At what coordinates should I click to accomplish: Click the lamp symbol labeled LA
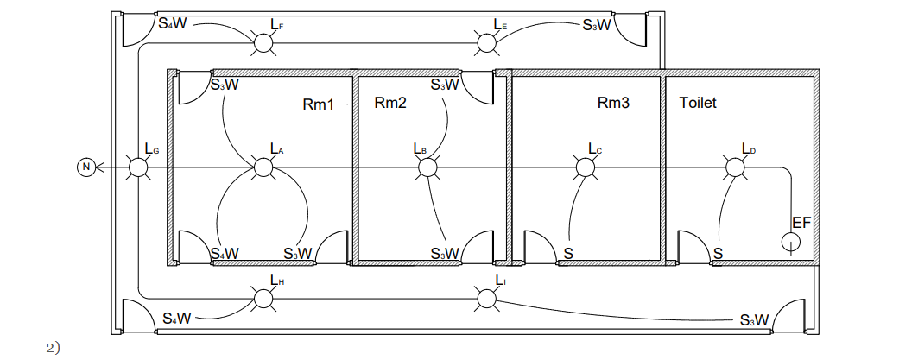263,167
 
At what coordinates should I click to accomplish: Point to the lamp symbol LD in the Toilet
736,167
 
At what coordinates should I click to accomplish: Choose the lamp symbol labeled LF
263,41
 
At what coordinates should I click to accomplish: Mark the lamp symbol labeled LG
138,167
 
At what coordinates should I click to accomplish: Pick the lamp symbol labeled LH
263,299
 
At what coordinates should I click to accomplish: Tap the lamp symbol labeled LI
487,299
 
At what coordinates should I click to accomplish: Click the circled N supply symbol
85,167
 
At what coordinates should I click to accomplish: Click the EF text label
801,223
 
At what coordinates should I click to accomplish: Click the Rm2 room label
390,103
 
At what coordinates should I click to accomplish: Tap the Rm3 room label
613,103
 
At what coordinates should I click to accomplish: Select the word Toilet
698,103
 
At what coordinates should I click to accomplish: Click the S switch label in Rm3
568,253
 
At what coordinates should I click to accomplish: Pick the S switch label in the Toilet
718,253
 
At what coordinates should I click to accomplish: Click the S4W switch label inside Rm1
225,253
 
